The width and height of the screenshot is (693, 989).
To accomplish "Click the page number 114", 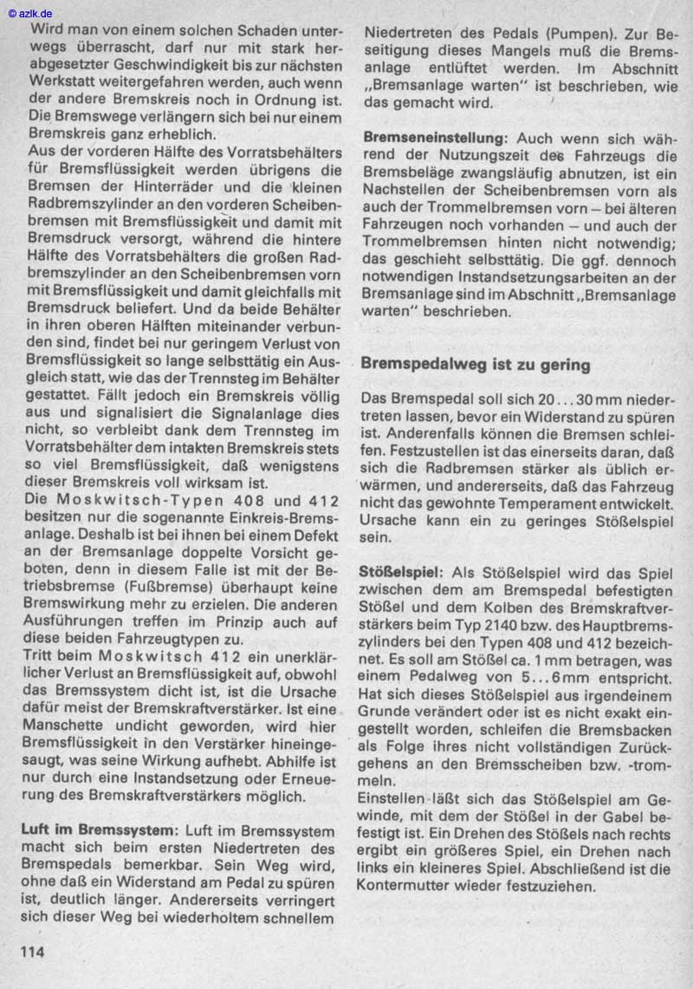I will point(32,951).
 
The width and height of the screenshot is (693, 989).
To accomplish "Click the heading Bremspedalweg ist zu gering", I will point(476,365).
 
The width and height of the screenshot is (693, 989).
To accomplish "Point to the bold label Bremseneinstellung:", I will point(434,137).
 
